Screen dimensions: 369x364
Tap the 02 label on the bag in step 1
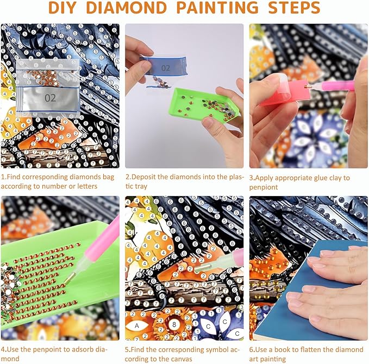50,98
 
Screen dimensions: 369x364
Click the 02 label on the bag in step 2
165,68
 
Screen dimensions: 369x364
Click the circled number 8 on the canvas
174,325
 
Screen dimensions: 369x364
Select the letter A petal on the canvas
137,326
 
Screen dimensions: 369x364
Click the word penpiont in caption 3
264,187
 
